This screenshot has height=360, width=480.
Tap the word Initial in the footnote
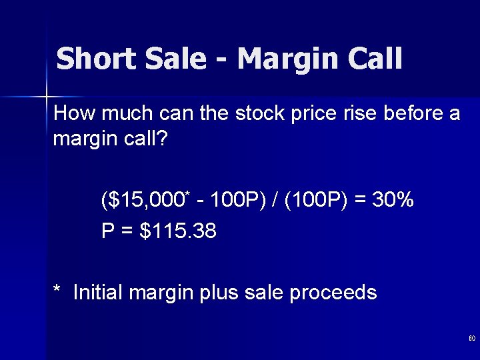pyautogui.click(x=99, y=293)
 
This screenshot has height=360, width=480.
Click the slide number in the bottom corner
pyautogui.click(x=471, y=339)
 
